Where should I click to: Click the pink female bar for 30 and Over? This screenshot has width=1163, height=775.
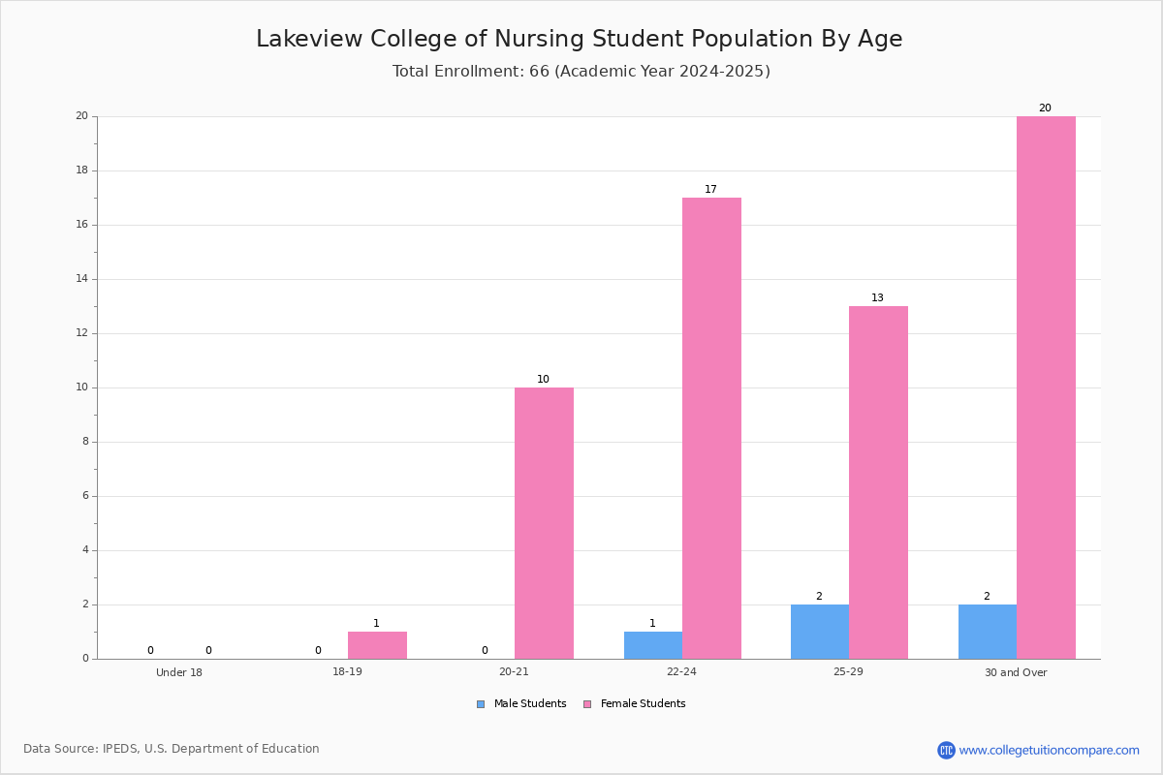pyautogui.click(x=1046, y=387)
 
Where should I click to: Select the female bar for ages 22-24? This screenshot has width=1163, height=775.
pyautogui.click(x=711, y=428)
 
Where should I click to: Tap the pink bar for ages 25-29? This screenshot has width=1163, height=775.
pyautogui.click(x=878, y=482)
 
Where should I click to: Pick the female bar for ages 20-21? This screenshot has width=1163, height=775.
pyautogui.click(x=544, y=523)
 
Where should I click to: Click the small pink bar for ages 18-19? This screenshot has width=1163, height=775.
pyautogui.click(x=377, y=645)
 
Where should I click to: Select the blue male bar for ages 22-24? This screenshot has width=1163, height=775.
pyautogui.click(x=653, y=645)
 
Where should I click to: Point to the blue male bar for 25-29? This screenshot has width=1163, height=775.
pyautogui.click(x=820, y=632)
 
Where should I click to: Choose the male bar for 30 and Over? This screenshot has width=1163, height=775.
pyautogui.click(x=988, y=632)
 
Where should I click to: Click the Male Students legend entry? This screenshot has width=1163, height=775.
pyautogui.click(x=521, y=704)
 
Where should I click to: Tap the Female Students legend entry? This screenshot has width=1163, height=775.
pyautogui.click(x=635, y=704)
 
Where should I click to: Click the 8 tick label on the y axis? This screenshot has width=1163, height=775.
pyautogui.click(x=85, y=442)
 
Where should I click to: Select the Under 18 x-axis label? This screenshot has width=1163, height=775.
pyautogui.click(x=179, y=672)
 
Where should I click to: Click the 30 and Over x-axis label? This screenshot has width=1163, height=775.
pyautogui.click(x=1016, y=672)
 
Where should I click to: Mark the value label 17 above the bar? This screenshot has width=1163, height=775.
pyautogui.click(x=710, y=190)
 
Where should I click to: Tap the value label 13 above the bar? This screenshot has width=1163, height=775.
pyautogui.click(x=877, y=298)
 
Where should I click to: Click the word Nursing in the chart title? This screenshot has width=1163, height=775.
pyautogui.click(x=539, y=39)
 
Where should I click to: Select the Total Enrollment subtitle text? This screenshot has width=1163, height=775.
pyautogui.click(x=581, y=71)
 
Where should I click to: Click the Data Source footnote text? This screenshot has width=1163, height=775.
pyautogui.click(x=172, y=749)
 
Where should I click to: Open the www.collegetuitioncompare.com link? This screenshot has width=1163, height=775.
pyautogui.click(x=1049, y=751)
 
